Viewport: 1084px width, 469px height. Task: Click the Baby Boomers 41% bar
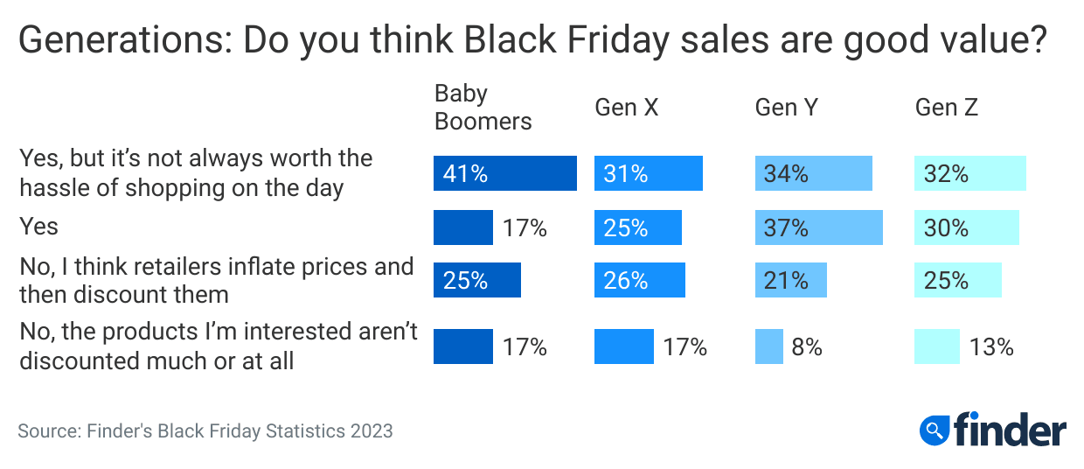504,173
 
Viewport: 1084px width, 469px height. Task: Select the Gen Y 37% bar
818,227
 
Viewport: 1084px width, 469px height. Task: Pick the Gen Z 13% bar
936,346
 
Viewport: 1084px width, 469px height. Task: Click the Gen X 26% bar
639,281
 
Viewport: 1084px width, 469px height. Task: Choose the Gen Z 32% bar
969,173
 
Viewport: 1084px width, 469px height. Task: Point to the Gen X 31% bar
649,173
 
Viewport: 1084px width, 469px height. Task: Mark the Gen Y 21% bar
790,281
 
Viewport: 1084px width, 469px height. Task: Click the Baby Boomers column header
483,107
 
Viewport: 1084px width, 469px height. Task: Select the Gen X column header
626,108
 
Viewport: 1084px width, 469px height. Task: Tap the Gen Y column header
787,108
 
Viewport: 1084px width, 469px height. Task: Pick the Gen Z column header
946,108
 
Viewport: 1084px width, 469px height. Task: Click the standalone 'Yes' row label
38,227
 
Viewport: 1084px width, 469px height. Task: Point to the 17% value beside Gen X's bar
684,346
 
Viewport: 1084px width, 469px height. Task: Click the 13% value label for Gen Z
991,346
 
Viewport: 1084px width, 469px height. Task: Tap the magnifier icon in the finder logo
935,430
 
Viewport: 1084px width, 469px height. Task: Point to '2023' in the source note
372,430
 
